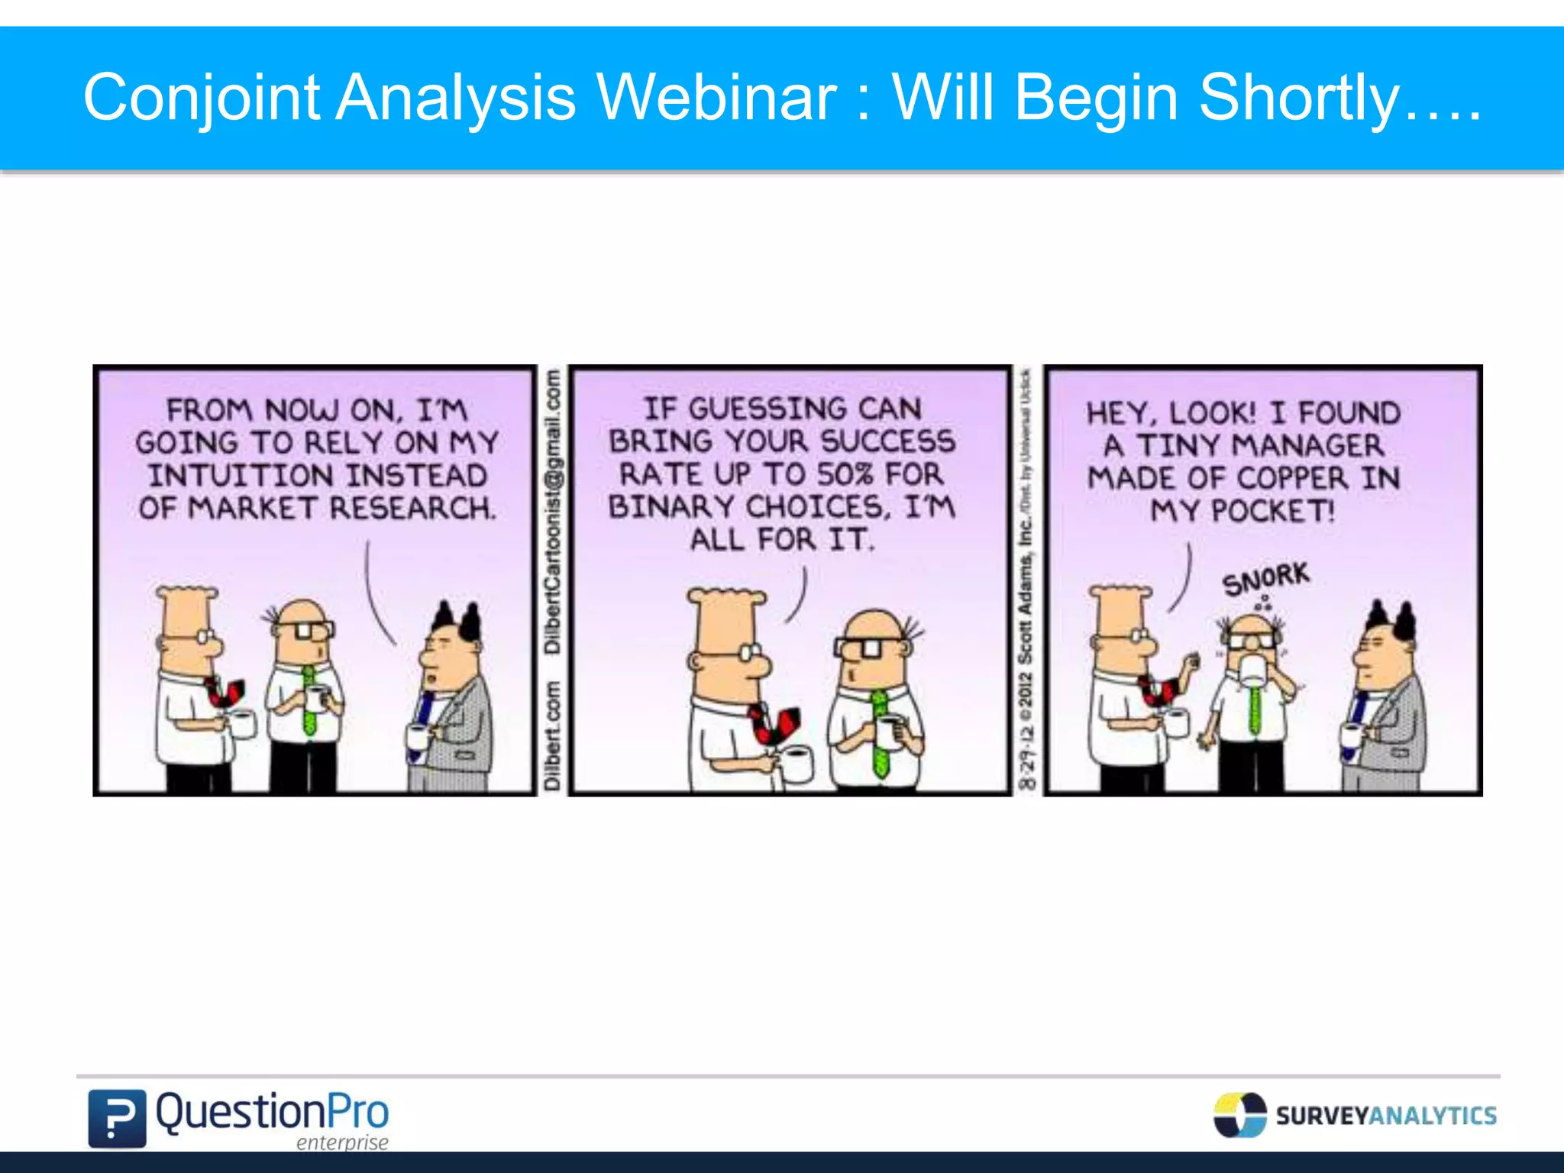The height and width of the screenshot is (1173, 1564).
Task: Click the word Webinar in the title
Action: click(716, 98)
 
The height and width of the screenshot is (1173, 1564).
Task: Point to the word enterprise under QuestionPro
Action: click(342, 1142)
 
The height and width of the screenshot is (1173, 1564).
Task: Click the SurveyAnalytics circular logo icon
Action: click(1239, 1115)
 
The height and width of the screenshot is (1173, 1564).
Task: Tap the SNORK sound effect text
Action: click(1265, 579)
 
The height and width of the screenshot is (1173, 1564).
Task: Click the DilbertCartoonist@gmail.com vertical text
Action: click(552, 510)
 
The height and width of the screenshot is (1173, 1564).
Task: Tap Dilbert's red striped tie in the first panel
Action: click(225, 691)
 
